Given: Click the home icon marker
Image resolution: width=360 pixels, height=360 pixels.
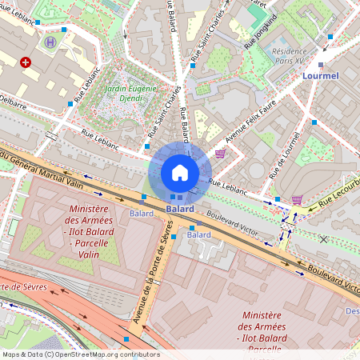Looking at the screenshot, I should (180, 173).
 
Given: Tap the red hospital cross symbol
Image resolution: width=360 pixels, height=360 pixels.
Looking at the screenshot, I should (26, 62).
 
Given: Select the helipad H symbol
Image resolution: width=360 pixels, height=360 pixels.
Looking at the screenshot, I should (51, 42).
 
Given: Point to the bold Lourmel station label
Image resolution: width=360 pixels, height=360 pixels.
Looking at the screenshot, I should (322, 76).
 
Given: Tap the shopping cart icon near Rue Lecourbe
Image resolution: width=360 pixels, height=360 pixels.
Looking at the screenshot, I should (297, 200).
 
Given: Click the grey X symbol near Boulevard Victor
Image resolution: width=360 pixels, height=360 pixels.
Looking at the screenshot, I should (323, 239).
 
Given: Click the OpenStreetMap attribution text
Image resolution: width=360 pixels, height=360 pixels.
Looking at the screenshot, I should (80, 354).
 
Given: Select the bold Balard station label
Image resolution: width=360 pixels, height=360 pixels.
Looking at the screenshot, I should (180, 209).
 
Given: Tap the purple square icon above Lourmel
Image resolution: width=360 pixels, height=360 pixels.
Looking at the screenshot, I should (321, 63).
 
